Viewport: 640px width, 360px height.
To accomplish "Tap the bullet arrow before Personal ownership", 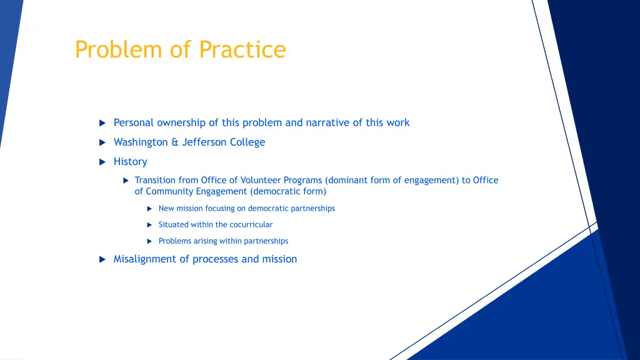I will pos(102,123).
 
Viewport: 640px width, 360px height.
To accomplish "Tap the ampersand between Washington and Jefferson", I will pos(175,142).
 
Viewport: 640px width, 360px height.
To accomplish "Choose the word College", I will pos(247,142).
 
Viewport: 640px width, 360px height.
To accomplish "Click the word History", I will pos(130,161).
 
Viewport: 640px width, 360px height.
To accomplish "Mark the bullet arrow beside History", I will pos(102,162).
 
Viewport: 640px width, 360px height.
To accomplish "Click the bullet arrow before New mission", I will pos(150,209).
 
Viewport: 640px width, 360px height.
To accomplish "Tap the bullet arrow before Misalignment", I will pos(102,259).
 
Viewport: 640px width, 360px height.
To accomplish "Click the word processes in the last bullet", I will pos(216,259).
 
